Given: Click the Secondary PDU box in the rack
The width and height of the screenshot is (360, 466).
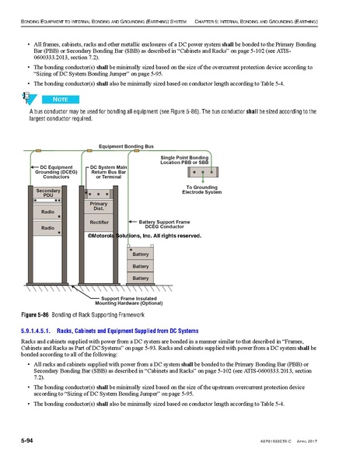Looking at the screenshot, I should [48, 194].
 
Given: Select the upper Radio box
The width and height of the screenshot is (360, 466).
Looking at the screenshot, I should [48, 211].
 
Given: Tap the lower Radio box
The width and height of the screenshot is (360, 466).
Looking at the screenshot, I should [48, 228].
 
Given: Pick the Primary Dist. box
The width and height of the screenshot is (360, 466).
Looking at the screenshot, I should [99, 206].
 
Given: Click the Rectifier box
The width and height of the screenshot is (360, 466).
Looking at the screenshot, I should [99, 222].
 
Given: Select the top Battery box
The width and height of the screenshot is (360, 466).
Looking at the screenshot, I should [140, 254].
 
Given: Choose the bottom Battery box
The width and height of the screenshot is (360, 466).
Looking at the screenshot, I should [140, 278].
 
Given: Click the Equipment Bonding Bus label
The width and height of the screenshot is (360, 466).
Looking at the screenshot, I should [125, 146].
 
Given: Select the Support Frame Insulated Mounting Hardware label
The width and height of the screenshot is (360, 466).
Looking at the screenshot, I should [129, 300].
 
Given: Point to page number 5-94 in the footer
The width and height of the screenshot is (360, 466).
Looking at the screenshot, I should [29, 440].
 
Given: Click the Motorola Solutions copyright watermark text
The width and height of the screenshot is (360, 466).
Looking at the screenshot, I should [144, 235].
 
